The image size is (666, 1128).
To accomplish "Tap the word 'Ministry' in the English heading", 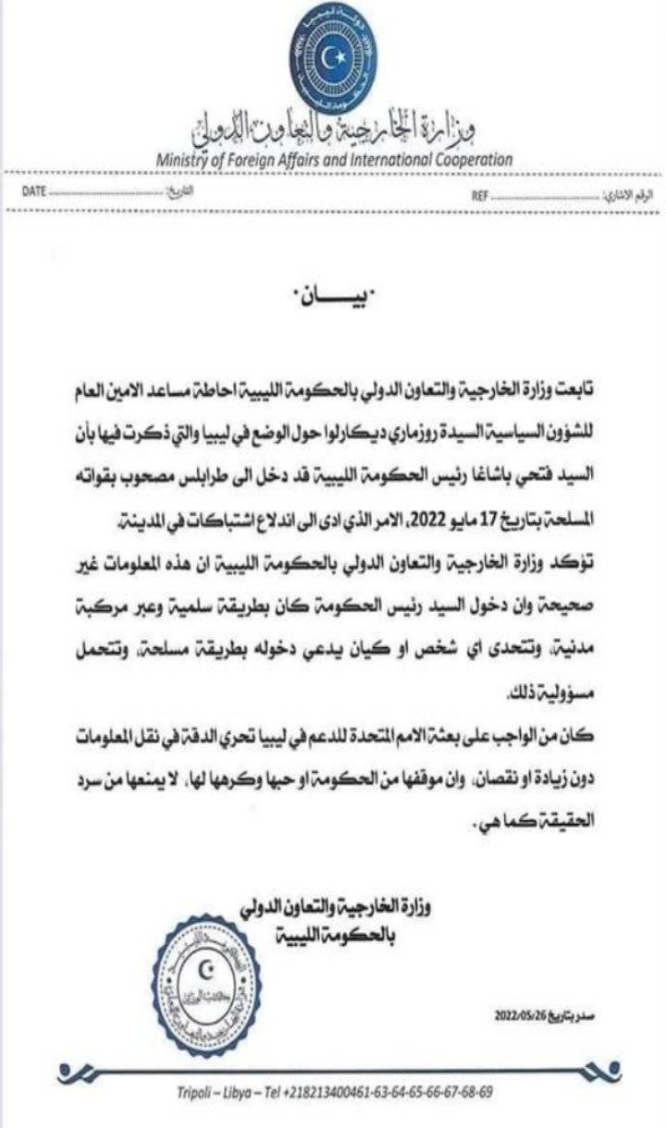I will pos(185,160).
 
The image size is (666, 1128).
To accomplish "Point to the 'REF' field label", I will pos(480,197).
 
